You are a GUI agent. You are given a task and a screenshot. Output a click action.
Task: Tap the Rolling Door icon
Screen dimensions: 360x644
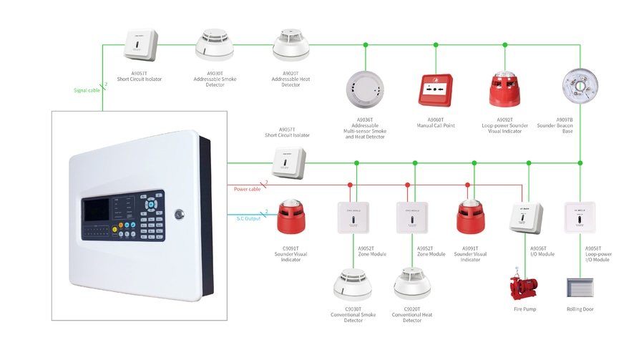click(580, 288)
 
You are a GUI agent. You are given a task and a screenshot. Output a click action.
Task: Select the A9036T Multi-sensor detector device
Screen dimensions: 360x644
click(365, 89)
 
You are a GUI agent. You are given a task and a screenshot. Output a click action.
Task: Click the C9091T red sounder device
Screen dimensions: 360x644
click(291, 216)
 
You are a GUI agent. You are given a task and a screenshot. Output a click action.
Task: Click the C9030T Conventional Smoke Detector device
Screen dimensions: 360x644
click(353, 285)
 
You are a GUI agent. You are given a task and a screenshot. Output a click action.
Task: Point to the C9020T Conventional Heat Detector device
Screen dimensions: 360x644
click(412, 284)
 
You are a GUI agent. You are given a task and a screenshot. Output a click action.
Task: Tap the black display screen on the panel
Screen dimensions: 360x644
click(97, 209)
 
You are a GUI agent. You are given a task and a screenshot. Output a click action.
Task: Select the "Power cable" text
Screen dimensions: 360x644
click(247, 189)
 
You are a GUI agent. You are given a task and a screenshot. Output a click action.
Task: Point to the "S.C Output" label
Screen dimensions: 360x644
click(248, 218)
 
